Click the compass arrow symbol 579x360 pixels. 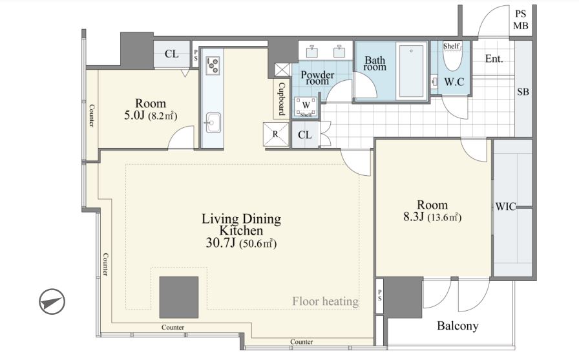[x=52, y=302]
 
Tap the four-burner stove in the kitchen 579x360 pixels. [x=213, y=65]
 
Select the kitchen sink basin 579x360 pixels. [x=213, y=123]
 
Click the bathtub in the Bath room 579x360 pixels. [x=411, y=71]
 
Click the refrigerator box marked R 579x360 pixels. [x=275, y=134]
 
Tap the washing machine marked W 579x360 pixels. [x=306, y=105]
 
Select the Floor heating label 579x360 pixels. [x=325, y=301]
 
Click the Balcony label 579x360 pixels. [x=458, y=326]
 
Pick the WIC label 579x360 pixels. [x=505, y=206]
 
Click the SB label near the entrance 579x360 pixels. [x=523, y=92]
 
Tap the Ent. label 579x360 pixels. [x=494, y=59]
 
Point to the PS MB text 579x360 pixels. [x=521, y=20]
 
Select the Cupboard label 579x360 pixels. [x=281, y=99]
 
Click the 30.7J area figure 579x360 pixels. [x=220, y=243]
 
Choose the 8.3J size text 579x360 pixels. [x=413, y=217]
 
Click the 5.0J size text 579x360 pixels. [x=134, y=115]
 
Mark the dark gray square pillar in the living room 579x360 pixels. [x=179, y=297]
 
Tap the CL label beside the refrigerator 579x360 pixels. [x=304, y=135]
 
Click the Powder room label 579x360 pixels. [x=317, y=78]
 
